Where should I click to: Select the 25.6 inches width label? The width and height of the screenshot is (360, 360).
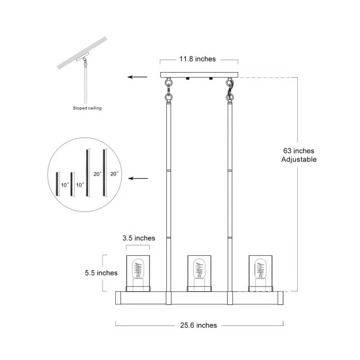(198, 325)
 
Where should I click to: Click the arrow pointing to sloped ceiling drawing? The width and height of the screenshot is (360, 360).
(137, 77)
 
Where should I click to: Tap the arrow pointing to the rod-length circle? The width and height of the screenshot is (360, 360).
(137, 178)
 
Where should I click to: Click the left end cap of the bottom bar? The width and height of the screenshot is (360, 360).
(120, 298)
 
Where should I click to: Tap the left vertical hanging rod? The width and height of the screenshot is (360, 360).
(168, 196)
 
